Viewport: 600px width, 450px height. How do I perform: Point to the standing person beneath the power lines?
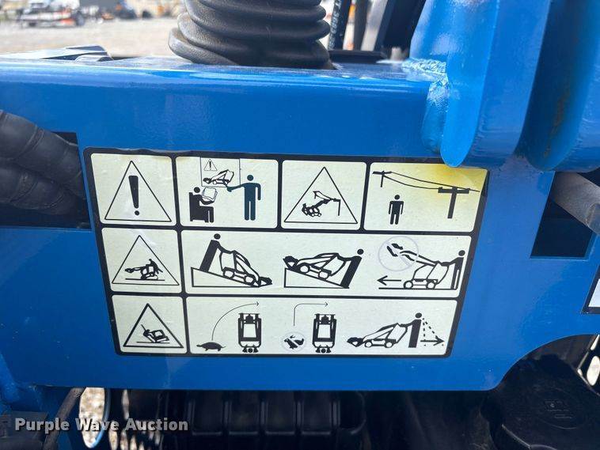(396, 210)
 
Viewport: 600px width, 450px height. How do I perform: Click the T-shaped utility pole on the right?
(452, 202)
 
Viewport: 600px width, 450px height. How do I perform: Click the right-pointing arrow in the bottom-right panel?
(432, 342)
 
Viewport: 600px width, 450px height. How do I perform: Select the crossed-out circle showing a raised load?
(398, 254)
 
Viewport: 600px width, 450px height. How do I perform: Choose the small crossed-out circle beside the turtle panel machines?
(294, 341)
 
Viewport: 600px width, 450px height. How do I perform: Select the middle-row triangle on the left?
(144, 261)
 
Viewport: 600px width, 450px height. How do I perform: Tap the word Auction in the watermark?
(157, 425)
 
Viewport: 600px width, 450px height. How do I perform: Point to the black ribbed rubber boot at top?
(250, 32)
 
